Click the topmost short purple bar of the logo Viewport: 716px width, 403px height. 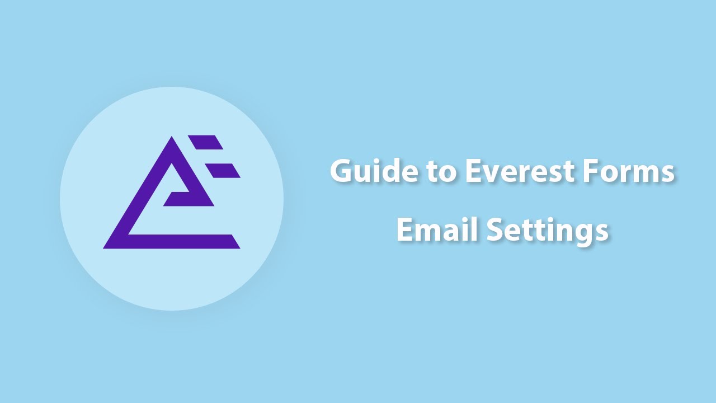tap(205, 142)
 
